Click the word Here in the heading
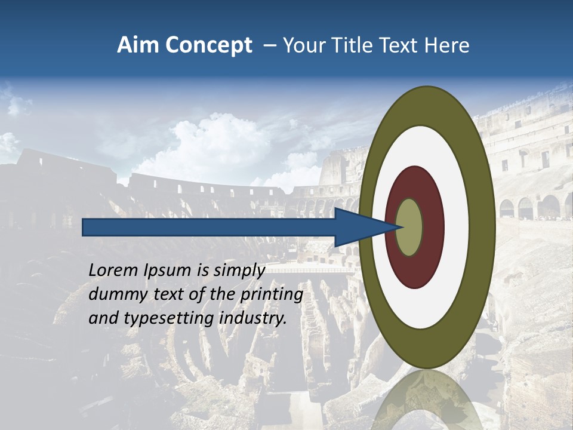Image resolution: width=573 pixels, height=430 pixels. point(446,45)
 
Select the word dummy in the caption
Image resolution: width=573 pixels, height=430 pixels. point(115,294)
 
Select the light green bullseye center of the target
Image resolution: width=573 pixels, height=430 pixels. point(409,228)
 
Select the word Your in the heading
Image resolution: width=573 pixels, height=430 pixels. point(302,45)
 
